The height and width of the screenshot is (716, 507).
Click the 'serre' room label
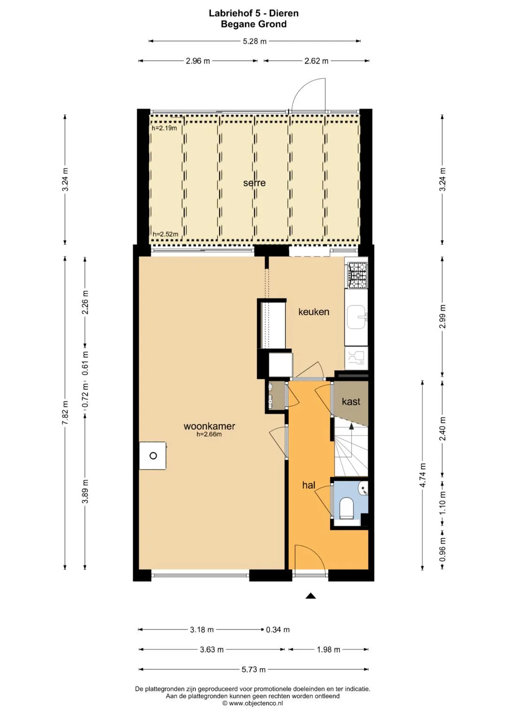tap(254, 183)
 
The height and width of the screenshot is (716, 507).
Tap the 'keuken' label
tap(314, 312)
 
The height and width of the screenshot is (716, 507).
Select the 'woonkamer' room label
tap(209, 426)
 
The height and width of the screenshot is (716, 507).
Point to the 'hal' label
tap(308, 485)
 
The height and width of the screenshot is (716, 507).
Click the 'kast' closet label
tap(351, 401)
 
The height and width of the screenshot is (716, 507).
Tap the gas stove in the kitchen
tap(358, 275)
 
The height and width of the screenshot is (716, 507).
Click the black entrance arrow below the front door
tap(310, 595)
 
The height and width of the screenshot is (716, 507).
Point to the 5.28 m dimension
tap(254, 41)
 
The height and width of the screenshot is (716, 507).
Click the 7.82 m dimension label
tap(65, 413)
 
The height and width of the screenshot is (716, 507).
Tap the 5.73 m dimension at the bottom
tap(253, 669)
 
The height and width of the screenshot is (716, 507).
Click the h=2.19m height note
tap(164, 128)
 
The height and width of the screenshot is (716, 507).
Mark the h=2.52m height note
tap(165, 234)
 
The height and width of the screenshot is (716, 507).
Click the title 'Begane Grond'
tap(254, 24)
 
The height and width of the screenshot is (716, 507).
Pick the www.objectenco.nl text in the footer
tap(255, 703)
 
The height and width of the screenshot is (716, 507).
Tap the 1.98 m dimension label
tap(329, 649)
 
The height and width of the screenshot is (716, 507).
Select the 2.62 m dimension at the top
tap(316, 61)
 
